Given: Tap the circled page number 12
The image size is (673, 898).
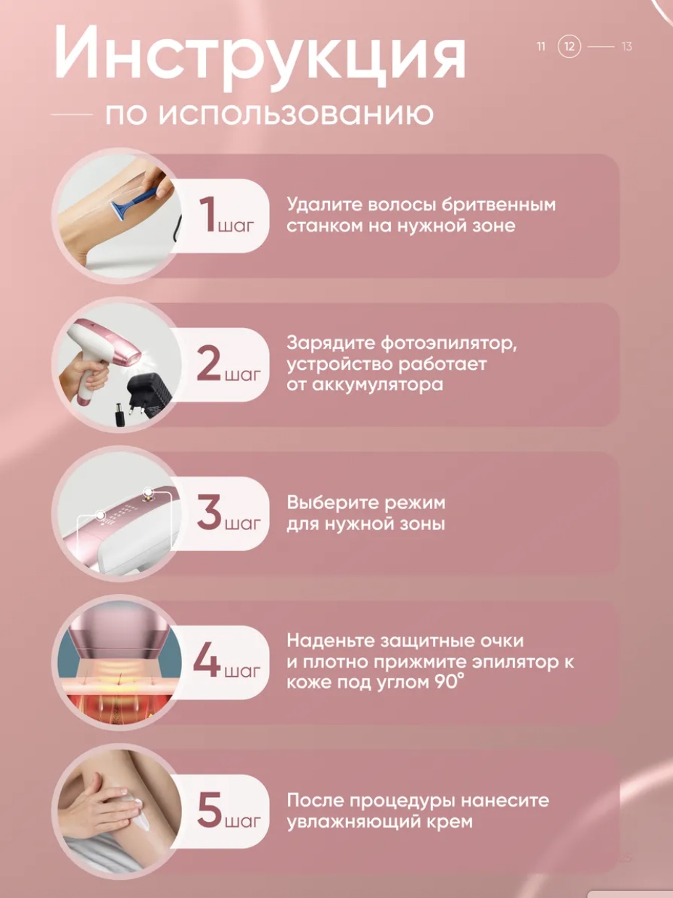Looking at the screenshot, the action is click(569, 46).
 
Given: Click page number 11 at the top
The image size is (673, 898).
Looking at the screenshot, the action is click(541, 46).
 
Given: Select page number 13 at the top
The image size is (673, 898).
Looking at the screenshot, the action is click(627, 46).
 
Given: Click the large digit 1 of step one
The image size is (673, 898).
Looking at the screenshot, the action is click(210, 215).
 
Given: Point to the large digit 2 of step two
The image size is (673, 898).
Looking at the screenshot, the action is click(210, 363).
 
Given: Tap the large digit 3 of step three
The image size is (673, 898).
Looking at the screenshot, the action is click(210, 512).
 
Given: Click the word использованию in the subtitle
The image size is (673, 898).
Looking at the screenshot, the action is click(297, 115).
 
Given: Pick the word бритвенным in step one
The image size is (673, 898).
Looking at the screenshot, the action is click(499, 205).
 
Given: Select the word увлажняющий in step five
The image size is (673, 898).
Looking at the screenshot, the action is click(353, 823).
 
